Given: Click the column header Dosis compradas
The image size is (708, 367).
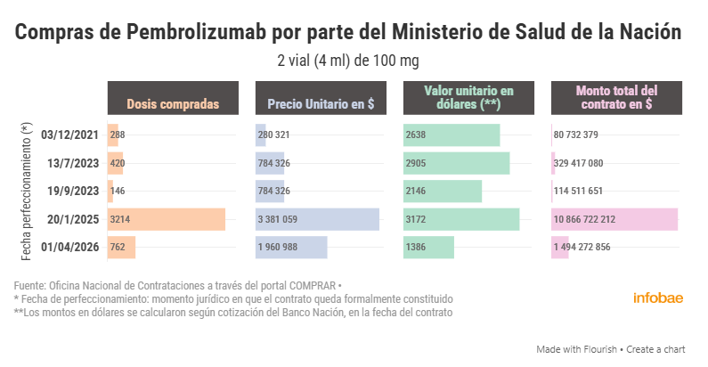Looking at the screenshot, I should pos(173,104).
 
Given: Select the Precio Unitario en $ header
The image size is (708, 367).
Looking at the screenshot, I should pos(321,104).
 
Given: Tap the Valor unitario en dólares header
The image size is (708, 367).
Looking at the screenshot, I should pos(469,97).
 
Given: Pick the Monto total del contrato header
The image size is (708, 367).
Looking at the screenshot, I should pos(617,97).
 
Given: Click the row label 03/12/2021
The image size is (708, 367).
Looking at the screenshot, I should pos(69,135).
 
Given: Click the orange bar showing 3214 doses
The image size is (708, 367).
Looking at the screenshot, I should pos(167,219).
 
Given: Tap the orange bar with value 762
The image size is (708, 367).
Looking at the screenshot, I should pos(121,247).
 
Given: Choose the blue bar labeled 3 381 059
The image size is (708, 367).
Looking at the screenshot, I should pos(317,219).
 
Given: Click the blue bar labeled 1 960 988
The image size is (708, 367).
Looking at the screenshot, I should pos(291,247).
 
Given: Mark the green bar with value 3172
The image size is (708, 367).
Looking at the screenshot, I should pos(461,219).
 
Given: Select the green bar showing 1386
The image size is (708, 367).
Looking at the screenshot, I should pos(429,247).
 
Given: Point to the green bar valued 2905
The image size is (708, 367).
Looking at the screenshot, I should pos(457,163).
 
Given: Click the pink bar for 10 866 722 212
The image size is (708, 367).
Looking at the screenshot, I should pos(615,219).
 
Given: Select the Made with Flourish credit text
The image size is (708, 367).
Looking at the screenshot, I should pos(572,349).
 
